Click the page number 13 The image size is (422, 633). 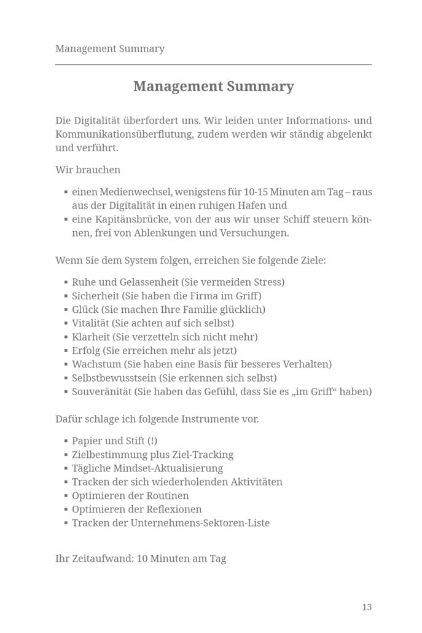367,607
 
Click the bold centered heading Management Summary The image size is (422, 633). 213,87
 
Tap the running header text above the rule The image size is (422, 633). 110,49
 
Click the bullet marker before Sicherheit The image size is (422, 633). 65,296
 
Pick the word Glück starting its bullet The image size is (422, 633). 85,310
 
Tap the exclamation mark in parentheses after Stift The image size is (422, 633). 153,441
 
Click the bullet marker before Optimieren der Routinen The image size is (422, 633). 65,496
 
